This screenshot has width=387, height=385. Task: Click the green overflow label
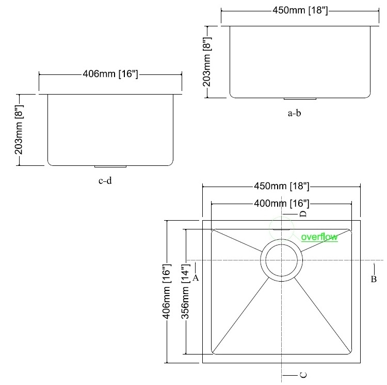click(319, 237)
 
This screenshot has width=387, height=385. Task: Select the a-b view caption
click(295, 113)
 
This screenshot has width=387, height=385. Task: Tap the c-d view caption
click(105, 181)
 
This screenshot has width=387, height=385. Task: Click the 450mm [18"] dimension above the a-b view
click(300, 10)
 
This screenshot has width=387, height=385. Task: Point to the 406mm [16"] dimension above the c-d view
click(110, 74)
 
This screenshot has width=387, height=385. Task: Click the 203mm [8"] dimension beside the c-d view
click(19, 130)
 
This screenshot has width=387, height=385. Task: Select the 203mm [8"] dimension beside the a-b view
click(207, 62)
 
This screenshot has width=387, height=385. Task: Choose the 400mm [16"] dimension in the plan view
click(282, 204)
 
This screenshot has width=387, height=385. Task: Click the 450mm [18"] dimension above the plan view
click(282, 186)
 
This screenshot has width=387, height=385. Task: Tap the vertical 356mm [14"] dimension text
click(186, 291)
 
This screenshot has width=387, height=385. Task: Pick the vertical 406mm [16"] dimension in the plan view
click(167, 291)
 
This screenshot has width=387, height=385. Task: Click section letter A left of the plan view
click(196, 278)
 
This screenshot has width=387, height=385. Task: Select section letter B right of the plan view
click(374, 279)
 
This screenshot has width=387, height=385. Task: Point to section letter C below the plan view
click(303, 375)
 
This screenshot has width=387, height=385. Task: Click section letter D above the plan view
click(303, 214)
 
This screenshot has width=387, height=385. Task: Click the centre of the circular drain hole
click(281, 260)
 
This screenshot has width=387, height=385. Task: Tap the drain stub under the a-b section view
click(300, 99)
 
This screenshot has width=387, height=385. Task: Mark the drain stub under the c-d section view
click(110, 166)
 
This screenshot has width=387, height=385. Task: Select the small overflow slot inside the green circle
click(281, 229)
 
